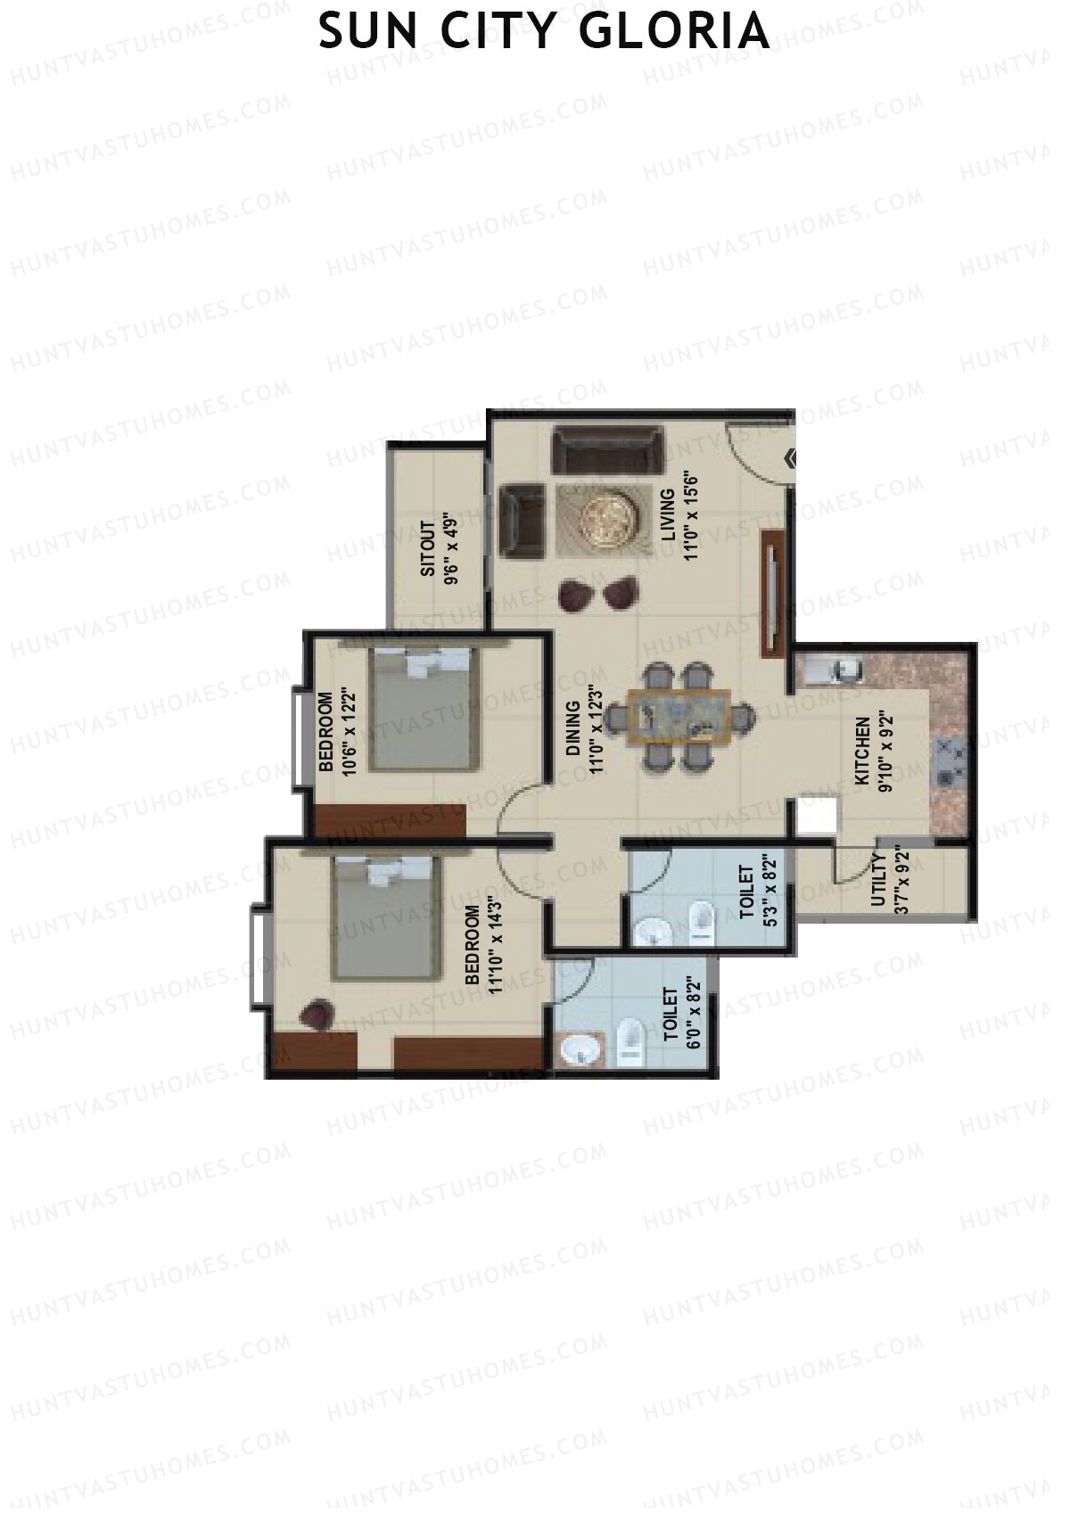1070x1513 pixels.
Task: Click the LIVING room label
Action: coord(668,514)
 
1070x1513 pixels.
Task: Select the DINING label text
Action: coord(572,728)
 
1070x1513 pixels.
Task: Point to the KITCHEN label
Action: coord(862,751)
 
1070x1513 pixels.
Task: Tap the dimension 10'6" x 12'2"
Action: coord(349,734)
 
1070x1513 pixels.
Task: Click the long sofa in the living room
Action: coord(608,449)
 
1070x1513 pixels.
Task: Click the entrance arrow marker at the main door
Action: coord(790,459)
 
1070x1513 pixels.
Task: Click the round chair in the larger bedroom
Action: coord(317,1015)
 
